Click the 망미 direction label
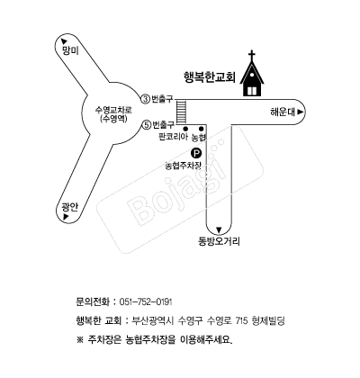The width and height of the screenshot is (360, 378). point(70,50)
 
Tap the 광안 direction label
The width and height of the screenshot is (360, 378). point(70,207)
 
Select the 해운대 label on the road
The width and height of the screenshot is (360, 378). point(283,112)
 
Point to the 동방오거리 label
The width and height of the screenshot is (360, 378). point(219,241)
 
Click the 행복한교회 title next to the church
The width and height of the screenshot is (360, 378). point(210,76)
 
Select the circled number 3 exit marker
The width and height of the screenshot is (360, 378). point(145,99)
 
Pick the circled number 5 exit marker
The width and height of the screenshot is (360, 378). point(146,125)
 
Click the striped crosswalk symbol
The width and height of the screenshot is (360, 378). point(181,112)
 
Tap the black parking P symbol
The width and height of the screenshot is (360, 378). point(196,154)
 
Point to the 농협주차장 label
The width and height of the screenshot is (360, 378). point(184,166)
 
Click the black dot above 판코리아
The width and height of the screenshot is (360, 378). point(185,129)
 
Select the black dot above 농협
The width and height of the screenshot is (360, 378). point(202,129)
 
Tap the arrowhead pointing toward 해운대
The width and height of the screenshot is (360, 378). point(301,112)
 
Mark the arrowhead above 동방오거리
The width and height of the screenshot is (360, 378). point(219,230)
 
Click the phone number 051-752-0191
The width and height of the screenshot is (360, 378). point(146,301)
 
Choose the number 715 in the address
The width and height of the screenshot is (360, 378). point(241,321)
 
